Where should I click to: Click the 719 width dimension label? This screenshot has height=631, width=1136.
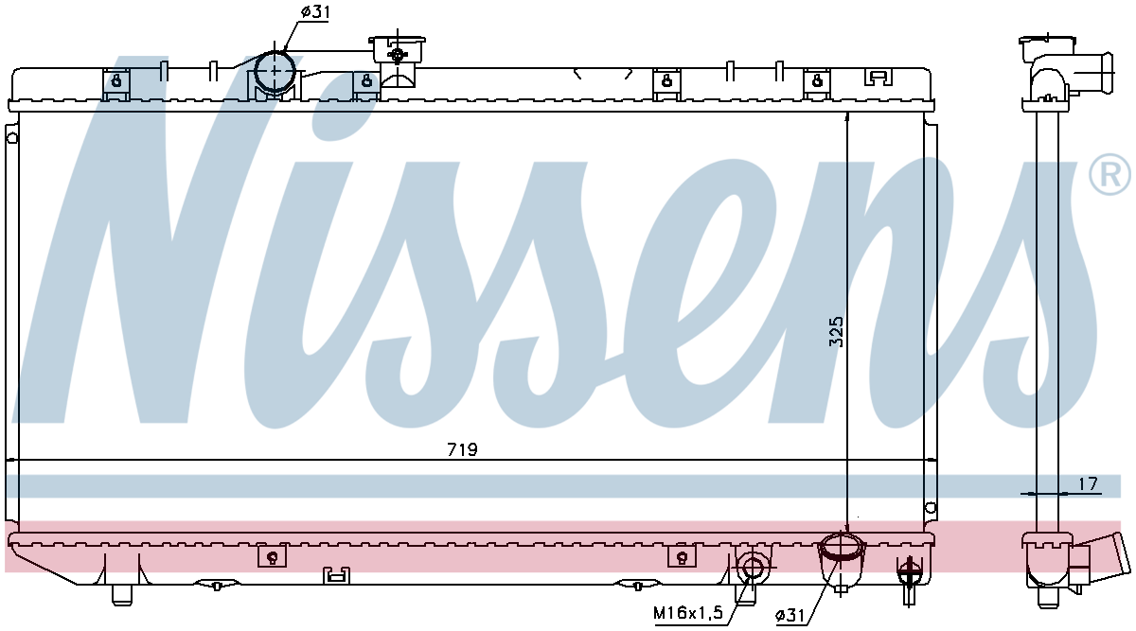coord(462,449)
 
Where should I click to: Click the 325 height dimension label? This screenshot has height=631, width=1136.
coord(836,332)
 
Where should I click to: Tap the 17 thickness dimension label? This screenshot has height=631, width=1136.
coord(1088,484)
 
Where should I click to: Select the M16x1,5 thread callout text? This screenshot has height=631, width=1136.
coord(687,613)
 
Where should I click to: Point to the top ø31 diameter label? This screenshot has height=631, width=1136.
coord(314,12)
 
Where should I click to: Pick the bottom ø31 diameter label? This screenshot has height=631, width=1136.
coord(790,615)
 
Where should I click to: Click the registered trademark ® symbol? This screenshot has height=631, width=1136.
coord(1110,174)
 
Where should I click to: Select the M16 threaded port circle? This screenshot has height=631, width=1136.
coord(752,567)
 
